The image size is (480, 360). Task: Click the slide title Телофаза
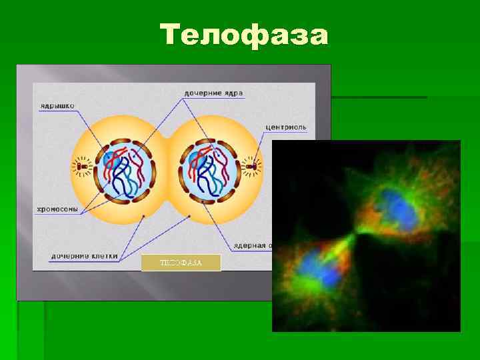(244, 35)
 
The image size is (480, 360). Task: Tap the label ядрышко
(57, 105)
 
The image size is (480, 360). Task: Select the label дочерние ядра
(213, 93)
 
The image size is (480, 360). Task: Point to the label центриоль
(286, 127)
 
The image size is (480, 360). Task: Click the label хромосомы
(57, 209)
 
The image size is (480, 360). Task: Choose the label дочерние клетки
(85, 255)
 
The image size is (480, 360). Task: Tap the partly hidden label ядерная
(250, 245)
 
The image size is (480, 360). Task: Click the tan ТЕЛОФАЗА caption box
(181, 263)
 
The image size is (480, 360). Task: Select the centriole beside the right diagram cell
(252, 165)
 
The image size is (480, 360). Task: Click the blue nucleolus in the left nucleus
(109, 159)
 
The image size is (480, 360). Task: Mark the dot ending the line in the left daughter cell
(145, 217)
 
